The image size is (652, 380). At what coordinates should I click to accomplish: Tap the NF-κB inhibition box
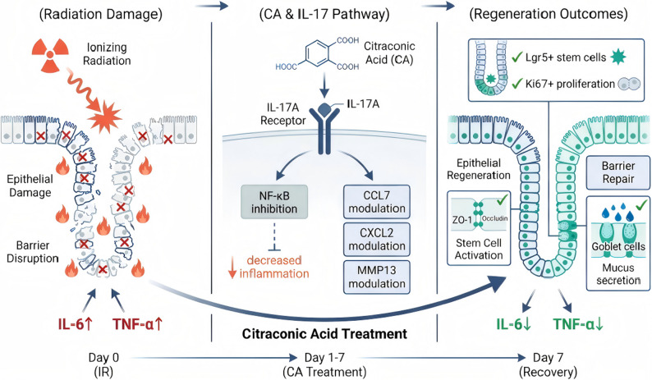(274, 202)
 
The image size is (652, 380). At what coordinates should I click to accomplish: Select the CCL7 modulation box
(377, 202)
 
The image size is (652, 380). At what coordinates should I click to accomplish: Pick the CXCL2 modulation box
(377, 239)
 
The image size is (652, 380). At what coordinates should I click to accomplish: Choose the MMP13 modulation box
(377, 277)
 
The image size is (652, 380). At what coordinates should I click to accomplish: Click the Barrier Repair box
(618, 172)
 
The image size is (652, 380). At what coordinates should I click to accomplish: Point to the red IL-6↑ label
(76, 324)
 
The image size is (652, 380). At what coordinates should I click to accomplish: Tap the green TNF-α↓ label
(578, 324)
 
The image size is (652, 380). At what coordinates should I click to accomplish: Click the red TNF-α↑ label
(137, 324)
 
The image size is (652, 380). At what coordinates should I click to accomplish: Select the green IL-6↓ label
(514, 324)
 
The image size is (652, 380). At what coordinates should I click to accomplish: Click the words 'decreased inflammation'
(274, 267)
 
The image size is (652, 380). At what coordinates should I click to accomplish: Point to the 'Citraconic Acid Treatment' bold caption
(324, 333)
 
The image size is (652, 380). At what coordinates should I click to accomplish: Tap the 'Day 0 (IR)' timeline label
(103, 364)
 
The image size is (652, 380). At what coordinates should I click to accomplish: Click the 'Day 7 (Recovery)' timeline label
(548, 364)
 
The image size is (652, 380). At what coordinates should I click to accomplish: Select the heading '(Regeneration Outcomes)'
(549, 14)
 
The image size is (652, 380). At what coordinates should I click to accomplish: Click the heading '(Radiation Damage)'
(101, 14)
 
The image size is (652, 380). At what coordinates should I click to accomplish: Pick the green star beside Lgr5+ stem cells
(618, 57)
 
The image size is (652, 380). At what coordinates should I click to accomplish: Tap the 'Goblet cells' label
(618, 246)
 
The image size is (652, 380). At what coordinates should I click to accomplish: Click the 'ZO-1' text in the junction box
(461, 219)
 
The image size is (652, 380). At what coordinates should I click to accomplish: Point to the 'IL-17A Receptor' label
(282, 114)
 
